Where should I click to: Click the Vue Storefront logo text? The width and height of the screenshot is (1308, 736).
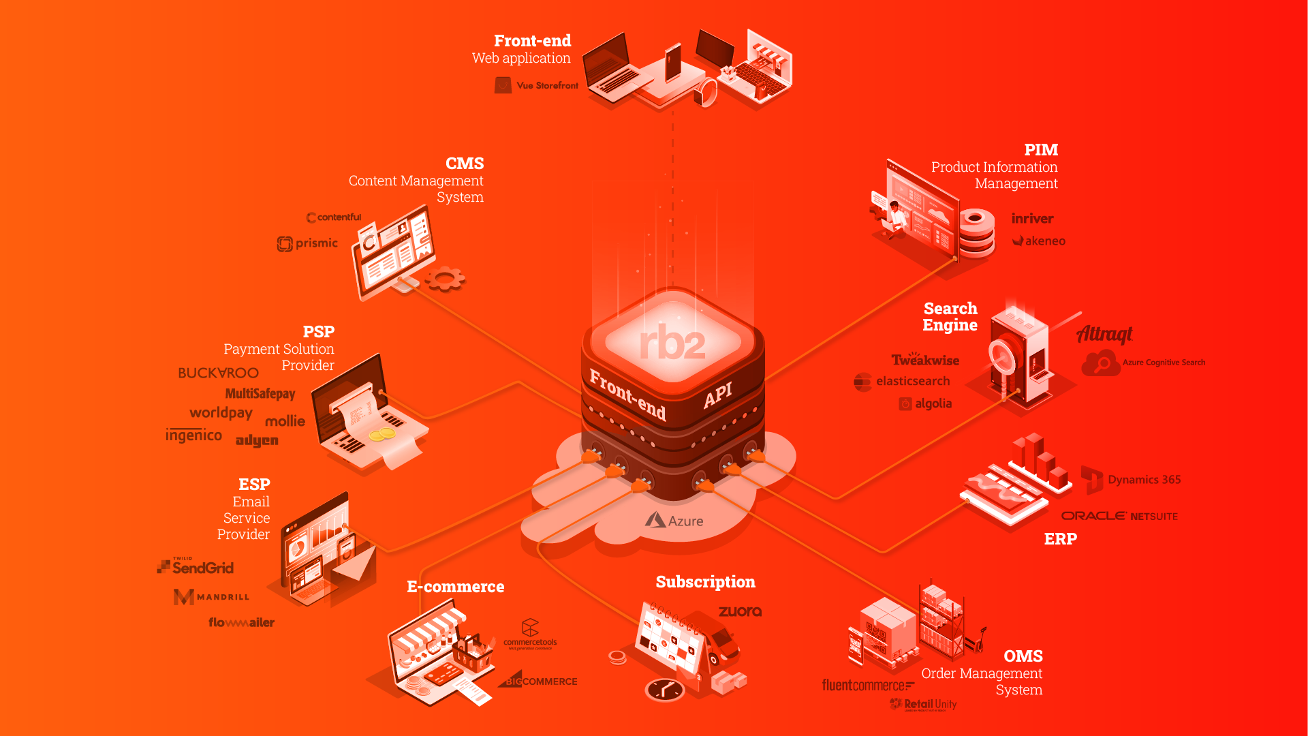(x=546, y=86)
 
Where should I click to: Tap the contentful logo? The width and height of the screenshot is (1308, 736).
(x=334, y=217)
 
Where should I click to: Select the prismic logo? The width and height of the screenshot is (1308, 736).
(x=308, y=243)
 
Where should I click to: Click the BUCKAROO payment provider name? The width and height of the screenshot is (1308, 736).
(x=218, y=373)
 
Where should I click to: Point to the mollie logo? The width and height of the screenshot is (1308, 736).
(x=285, y=421)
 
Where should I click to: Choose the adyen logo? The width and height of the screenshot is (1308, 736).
(x=257, y=441)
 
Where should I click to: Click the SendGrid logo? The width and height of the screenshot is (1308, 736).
(x=196, y=567)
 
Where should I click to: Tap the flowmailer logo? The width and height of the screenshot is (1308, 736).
(x=241, y=622)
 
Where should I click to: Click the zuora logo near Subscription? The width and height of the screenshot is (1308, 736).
(x=740, y=611)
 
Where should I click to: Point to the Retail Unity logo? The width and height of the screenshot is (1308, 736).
(x=924, y=705)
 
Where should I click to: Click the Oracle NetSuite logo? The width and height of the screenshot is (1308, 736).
(x=1119, y=516)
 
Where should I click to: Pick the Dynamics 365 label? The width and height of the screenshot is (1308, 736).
(x=1144, y=480)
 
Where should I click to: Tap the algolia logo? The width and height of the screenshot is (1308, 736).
(x=925, y=403)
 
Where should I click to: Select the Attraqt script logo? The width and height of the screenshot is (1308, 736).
(x=1104, y=334)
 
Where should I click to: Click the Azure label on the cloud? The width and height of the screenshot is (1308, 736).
(x=674, y=521)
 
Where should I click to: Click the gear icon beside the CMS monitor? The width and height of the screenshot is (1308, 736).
(x=446, y=278)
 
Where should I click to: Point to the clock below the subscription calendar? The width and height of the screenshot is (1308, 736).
(x=665, y=690)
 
